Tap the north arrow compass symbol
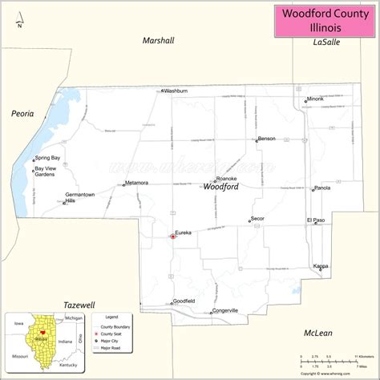click(19, 19)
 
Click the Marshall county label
click(158, 40)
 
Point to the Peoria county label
click(23, 114)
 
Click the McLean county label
click(318, 333)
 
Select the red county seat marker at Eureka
click(171, 236)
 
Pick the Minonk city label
click(315, 99)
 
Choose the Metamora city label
click(137, 183)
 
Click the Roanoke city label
click(226, 178)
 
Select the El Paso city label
click(316, 220)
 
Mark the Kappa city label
click(321, 265)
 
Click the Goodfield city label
click(184, 301)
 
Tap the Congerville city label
click(224, 310)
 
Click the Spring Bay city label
click(48, 158)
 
